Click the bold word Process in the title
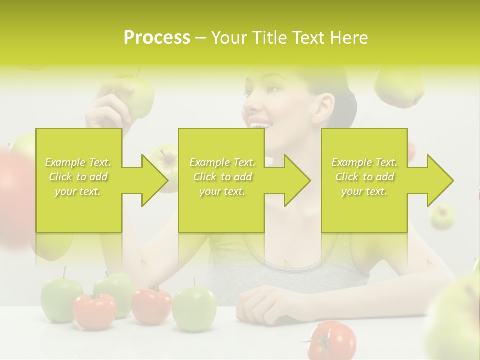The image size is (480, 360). [x=157, y=37]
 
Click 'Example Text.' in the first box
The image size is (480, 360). [x=78, y=162]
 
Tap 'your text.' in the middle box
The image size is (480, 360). [x=222, y=191]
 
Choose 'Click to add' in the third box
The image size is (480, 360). [x=365, y=177]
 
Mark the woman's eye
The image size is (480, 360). [x=273, y=90]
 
